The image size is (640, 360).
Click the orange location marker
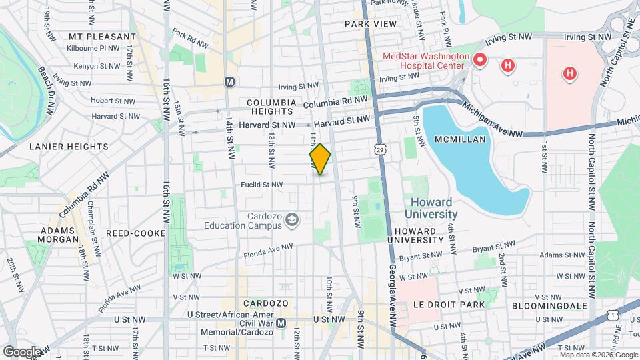point(321,159)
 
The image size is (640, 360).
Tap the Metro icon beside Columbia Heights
point(230,82)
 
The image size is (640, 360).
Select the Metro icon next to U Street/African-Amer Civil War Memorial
point(281,323)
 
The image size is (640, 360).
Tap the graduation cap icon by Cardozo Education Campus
point(291,219)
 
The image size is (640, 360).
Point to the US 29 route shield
point(380,145)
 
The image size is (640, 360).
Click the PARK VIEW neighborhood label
point(371,24)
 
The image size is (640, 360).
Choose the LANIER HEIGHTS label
point(69,146)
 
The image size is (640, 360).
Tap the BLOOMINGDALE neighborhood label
point(550,305)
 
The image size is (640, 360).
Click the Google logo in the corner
point(22,351)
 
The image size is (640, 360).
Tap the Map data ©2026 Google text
point(598,355)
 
